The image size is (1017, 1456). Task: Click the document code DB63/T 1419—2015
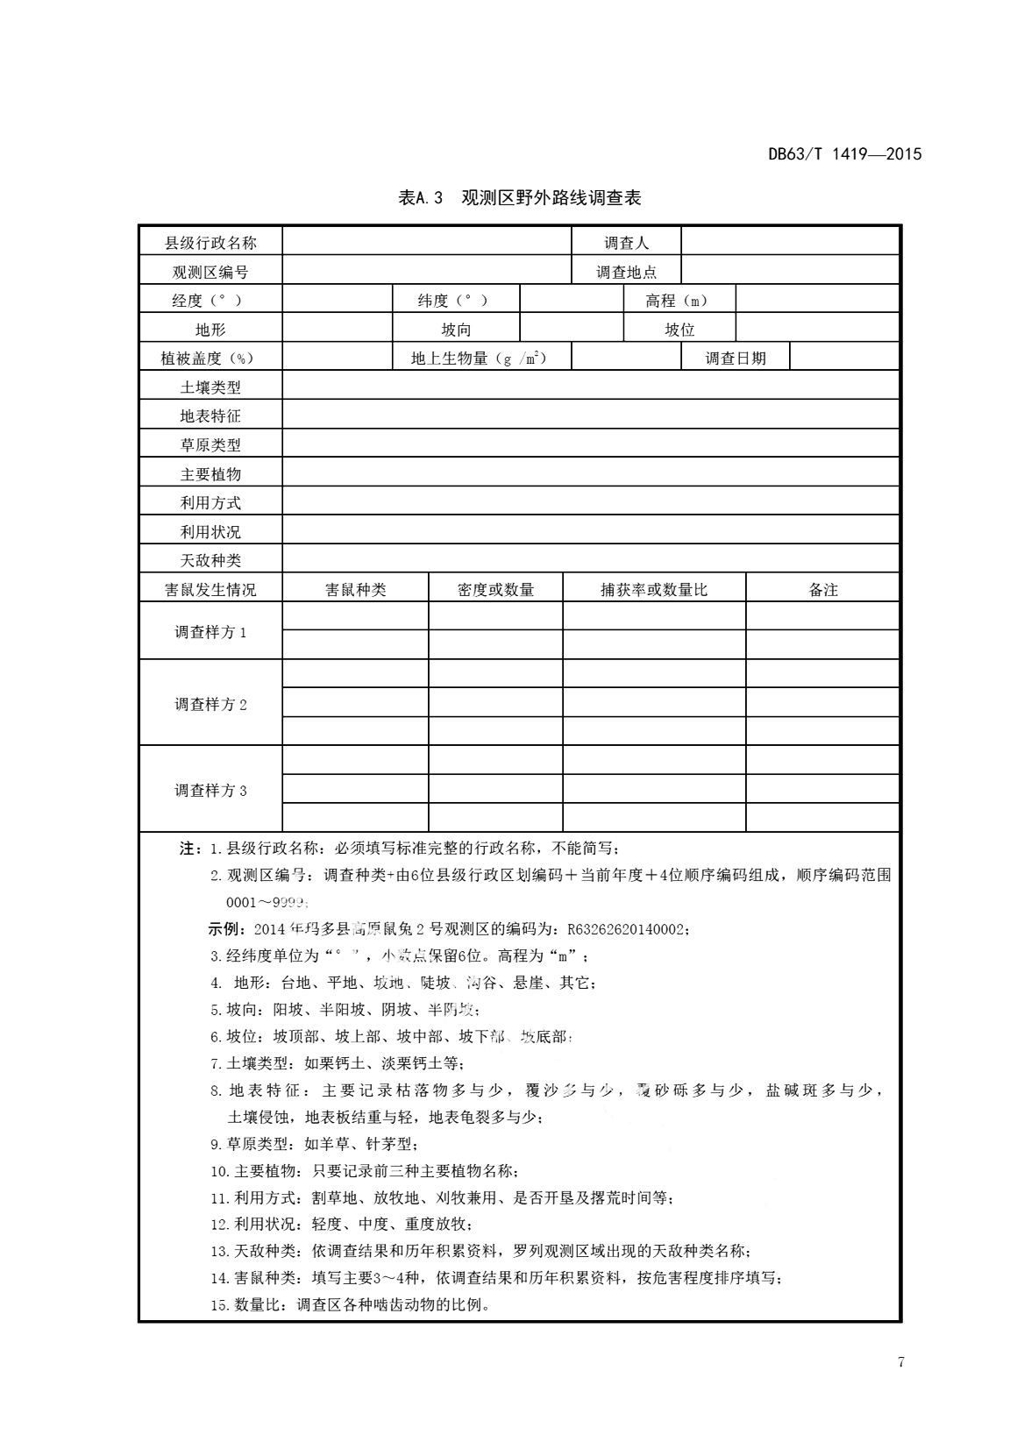(x=845, y=154)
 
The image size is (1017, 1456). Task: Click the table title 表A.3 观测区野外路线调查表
(x=520, y=198)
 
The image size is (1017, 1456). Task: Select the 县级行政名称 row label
(x=210, y=243)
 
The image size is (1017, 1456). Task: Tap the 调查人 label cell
(x=626, y=243)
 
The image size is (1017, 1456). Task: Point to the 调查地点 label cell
(x=626, y=272)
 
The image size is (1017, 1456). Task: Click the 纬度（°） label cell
(x=455, y=301)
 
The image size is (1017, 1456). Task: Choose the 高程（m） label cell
(x=679, y=301)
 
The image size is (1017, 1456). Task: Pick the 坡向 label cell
(x=455, y=330)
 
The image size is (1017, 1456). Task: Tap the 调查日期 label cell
(x=736, y=358)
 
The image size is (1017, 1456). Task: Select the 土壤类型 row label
(x=210, y=387)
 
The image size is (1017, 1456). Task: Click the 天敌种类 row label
(x=210, y=560)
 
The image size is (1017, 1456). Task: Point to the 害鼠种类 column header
(x=355, y=590)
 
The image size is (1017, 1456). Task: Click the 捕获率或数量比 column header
(x=653, y=590)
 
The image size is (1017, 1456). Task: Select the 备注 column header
(x=822, y=590)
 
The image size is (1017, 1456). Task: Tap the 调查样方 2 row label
(x=210, y=704)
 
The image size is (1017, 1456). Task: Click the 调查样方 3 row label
(x=210, y=790)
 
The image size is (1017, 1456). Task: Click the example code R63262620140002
(x=626, y=929)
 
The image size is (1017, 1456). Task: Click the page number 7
(x=900, y=1361)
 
